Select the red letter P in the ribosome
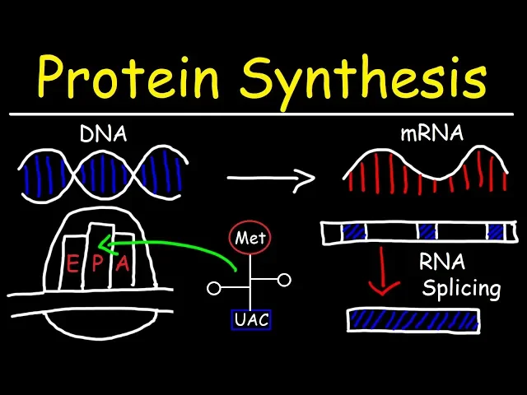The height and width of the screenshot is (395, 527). [x=97, y=263]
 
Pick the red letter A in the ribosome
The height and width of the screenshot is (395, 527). [x=123, y=263]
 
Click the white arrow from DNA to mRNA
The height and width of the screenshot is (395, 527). [x=272, y=177]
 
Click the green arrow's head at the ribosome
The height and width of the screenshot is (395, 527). [x=102, y=244]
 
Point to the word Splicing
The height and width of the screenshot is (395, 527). [x=461, y=289]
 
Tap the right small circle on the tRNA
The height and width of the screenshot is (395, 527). [x=284, y=281]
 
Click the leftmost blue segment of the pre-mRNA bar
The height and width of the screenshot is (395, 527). [x=354, y=233]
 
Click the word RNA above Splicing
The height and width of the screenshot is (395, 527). [x=442, y=263]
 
